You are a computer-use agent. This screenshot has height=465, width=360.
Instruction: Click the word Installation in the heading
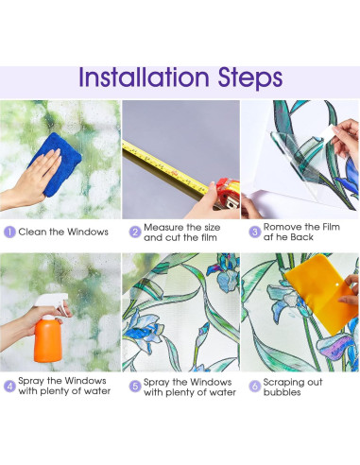(x=144, y=77)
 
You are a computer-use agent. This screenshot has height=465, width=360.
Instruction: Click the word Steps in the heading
(x=250, y=78)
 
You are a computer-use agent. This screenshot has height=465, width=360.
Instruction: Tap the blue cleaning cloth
(x=56, y=164)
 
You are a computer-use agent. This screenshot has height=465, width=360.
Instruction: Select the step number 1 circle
(x=9, y=232)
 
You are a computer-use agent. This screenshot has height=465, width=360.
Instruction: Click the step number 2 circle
(x=135, y=232)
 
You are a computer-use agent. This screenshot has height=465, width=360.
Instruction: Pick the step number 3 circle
(x=254, y=232)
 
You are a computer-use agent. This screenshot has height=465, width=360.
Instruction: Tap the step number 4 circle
(x=9, y=387)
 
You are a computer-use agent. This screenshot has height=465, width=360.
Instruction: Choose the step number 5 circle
(x=135, y=387)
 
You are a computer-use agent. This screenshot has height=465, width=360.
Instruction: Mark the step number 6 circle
(x=254, y=387)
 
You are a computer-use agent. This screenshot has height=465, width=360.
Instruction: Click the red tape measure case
(x=228, y=194)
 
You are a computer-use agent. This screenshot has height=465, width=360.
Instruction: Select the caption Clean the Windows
(x=63, y=232)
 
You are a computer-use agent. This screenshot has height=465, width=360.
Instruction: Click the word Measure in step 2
(x=163, y=227)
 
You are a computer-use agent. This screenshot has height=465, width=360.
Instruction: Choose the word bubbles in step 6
(x=282, y=392)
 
